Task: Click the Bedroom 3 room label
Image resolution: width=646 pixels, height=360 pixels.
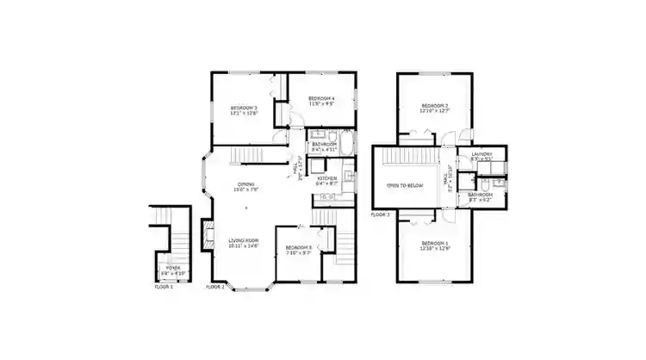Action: click(x=243, y=107)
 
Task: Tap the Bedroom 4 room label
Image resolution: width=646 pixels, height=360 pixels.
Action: click(x=320, y=99)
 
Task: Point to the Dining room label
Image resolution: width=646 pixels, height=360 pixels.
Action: click(x=245, y=185)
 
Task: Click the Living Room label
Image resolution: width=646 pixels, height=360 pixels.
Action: click(x=244, y=240)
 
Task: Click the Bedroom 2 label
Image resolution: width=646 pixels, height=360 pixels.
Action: click(x=434, y=104)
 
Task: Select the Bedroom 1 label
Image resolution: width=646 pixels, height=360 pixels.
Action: click(x=434, y=244)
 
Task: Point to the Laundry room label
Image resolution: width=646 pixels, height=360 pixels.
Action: click(x=481, y=155)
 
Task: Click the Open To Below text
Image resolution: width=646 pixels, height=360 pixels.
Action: click(x=404, y=185)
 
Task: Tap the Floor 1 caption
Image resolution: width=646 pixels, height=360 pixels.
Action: click(x=164, y=286)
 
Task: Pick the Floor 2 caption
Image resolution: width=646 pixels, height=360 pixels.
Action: click(x=215, y=286)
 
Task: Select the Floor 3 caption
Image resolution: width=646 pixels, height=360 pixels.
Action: click(x=381, y=214)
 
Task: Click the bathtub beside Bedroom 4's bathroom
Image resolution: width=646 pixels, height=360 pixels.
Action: click(x=345, y=143)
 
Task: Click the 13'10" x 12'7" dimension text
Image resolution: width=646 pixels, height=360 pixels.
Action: click(x=434, y=110)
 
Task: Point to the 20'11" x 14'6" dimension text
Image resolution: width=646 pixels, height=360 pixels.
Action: click(x=244, y=246)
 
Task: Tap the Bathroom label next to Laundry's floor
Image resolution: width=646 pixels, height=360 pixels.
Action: click(x=480, y=195)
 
